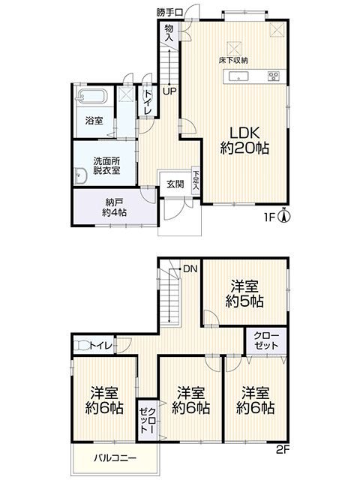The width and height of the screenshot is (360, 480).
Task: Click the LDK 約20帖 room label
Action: (x=244, y=141)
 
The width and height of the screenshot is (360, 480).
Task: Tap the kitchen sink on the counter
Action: (x=238, y=76)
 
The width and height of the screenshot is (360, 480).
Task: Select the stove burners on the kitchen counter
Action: (x=273, y=76)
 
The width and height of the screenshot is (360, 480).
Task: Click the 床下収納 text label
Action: (x=233, y=60)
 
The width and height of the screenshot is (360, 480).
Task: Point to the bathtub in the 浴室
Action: (x=91, y=97)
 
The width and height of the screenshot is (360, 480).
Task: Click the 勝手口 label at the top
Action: (x=170, y=13)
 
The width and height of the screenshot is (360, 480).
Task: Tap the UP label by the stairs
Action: (x=169, y=91)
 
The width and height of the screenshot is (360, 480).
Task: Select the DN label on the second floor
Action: (x=190, y=269)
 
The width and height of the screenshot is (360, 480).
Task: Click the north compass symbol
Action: (x=284, y=216)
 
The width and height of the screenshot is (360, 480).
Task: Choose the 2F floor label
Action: (x=282, y=450)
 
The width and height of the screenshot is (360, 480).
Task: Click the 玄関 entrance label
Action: (x=175, y=184)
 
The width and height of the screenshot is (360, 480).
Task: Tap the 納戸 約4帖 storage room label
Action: (x=115, y=207)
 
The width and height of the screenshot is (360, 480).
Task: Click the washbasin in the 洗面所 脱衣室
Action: (x=81, y=176)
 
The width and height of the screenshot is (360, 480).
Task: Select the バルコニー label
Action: (x=115, y=458)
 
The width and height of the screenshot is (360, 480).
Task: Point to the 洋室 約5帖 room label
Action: (x=244, y=294)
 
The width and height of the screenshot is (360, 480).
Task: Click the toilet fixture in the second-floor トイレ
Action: (x=82, y=345)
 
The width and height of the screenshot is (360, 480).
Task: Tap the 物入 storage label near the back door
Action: (x=169, y=33)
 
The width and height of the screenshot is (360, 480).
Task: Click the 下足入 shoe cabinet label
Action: (x=195, y=180)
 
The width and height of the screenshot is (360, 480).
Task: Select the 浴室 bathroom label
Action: (x=94, y=121)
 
